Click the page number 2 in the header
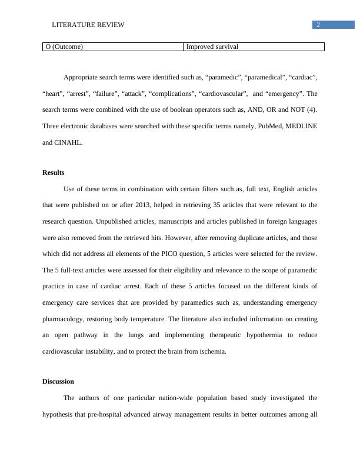318,25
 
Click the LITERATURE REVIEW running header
88,25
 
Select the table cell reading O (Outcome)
64,47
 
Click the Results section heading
54,172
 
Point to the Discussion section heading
58,381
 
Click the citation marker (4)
311,109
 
